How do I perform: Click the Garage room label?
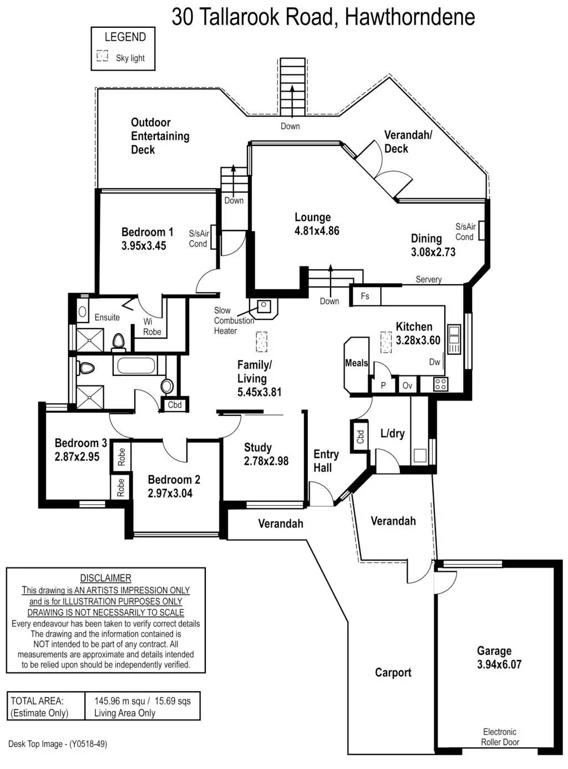494,651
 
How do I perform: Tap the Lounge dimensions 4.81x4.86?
317,231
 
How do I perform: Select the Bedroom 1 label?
147,232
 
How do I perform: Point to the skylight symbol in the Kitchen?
386,342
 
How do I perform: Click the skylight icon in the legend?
102,56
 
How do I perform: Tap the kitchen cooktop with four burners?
440,384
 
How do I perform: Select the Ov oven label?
407,385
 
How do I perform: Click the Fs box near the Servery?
366,296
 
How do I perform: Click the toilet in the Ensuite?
119,341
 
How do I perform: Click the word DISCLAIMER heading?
105,578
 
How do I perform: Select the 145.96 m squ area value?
120,701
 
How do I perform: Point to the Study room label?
258,448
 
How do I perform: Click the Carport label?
393,672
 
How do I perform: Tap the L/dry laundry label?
392,434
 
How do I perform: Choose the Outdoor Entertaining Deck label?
160,136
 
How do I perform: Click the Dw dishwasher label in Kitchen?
435,362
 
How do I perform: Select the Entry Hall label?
326,461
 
